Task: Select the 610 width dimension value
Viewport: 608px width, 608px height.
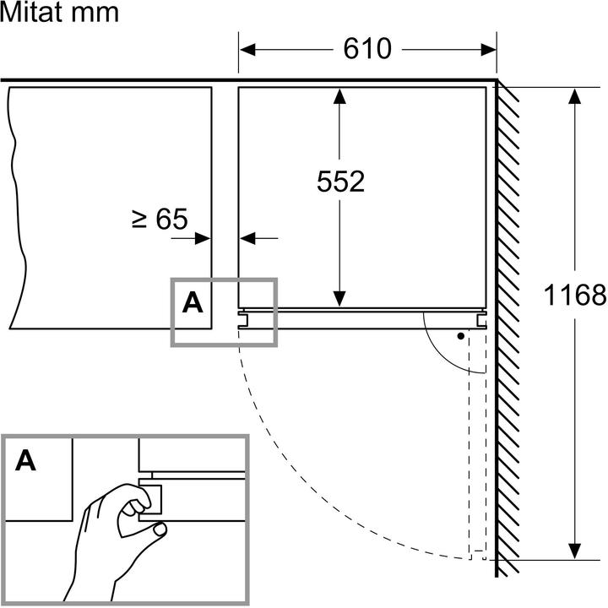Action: (367, 49)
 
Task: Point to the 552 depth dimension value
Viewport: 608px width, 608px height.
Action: (340, 181)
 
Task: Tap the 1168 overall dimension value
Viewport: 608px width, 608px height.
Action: (575, 295)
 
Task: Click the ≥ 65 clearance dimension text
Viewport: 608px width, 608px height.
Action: (160, 220)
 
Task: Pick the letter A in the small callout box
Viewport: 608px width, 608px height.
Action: (193, 301)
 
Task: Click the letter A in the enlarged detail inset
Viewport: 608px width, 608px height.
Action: (27, 460)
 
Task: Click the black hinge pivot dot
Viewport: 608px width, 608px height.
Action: (460, 336)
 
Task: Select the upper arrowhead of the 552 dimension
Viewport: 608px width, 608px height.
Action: (339, 95)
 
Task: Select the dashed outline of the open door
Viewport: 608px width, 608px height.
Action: (478, 439)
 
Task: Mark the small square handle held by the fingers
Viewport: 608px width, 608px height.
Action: (153, 499)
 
